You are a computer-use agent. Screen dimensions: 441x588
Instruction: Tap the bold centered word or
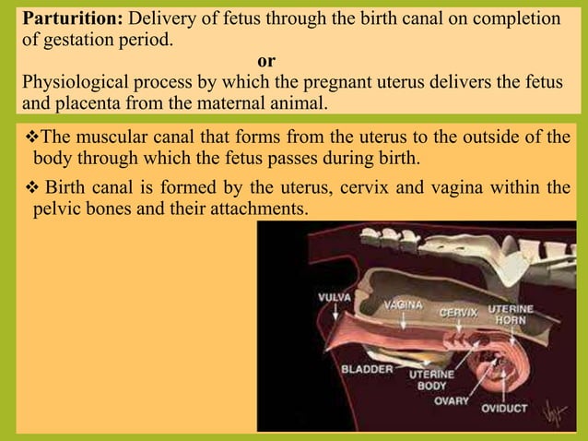[266, 61]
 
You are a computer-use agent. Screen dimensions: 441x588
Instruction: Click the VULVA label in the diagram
[336, 298]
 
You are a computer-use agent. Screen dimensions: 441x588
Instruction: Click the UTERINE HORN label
[509, 313]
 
